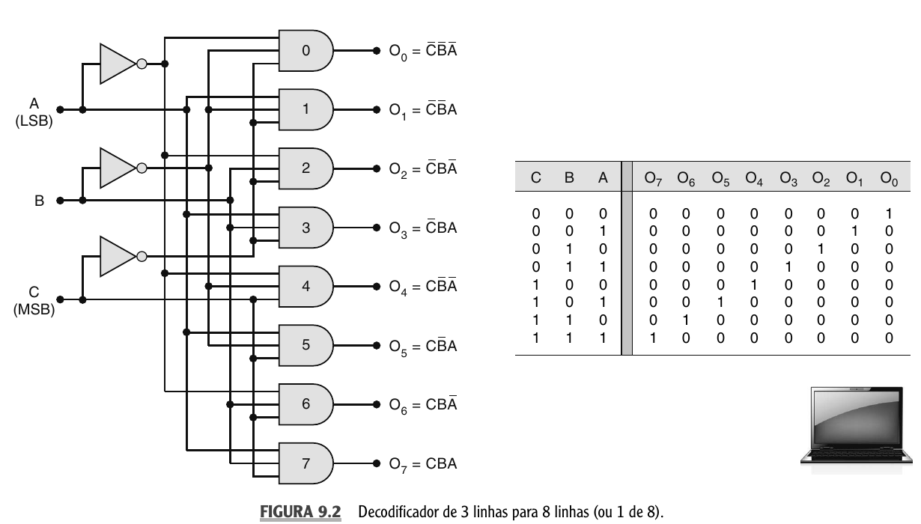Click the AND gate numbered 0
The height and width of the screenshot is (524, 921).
[x=306, y=51]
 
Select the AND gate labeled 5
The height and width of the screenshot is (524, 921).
[x=306, y=345]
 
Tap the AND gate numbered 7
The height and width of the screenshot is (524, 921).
[x=306, y=463]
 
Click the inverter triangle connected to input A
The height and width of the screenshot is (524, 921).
[x=117, y=64]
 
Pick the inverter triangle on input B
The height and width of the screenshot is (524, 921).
[x=117, y=168]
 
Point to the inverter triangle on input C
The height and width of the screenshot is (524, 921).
[x=117, y=257]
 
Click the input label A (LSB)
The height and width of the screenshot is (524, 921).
[x=34, y=112]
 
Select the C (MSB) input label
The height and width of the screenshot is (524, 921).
[x=34, y=300]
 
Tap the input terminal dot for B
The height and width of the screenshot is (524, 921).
[x=60, y=201]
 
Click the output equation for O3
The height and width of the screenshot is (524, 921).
[x=422, y=228]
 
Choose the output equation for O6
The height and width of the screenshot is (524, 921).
[x=422, y=405]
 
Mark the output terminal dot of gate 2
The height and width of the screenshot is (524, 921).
[x=377, y=168]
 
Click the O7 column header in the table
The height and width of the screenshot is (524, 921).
[x=653, y=179]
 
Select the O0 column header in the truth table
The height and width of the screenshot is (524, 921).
[x=889, y=179]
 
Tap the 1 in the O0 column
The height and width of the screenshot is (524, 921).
[x=889, y=213]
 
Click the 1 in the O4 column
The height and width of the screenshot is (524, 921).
[x=754, y=284]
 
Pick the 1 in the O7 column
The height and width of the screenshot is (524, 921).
[x=653, y=338]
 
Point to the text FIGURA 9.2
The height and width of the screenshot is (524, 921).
[x=300, y=512]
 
